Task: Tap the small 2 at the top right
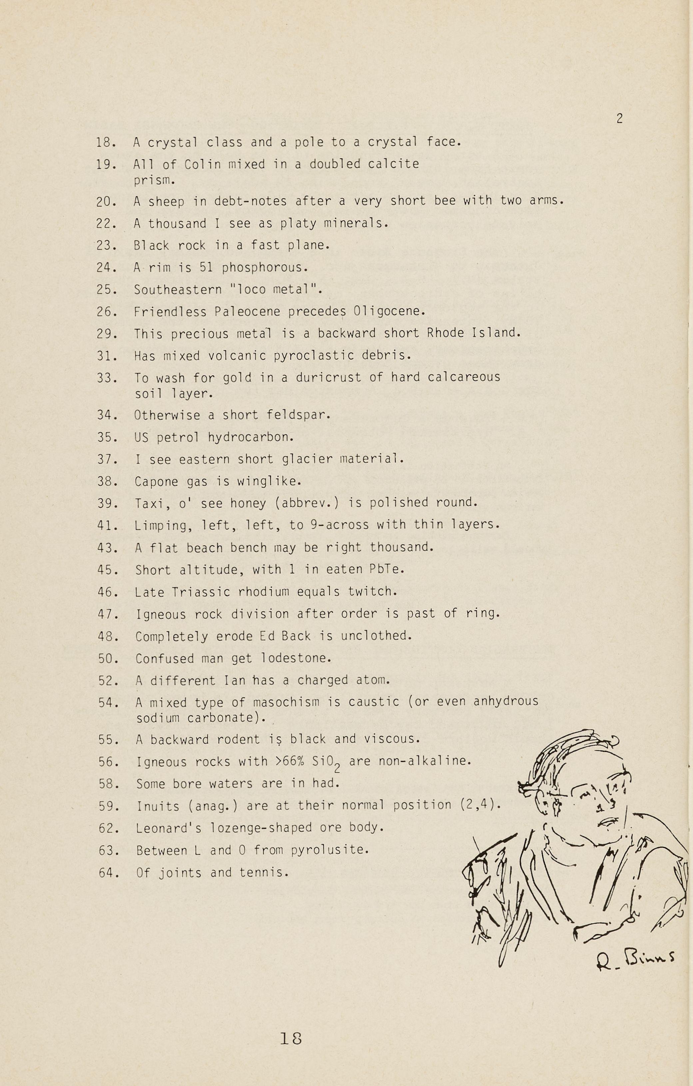[x=619, y=119]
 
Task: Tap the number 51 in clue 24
[x=206, y=268]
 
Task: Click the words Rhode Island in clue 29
[x=473, y=333]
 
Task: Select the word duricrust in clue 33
[x=329, y=377]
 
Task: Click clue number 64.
[x=109, y=873]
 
